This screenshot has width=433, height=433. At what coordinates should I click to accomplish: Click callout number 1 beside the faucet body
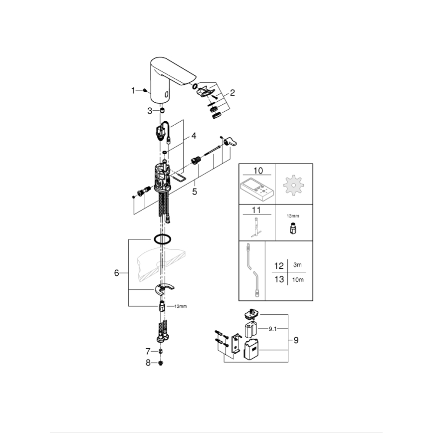point(133,90)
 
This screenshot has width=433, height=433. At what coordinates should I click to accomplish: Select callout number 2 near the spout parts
point(232,93)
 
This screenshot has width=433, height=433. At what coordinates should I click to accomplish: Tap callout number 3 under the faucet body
point(150,111)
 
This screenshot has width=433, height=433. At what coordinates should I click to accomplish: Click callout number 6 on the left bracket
point(117,273)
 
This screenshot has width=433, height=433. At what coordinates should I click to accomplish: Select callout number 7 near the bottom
point(148,351)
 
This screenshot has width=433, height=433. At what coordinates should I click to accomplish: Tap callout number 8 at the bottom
point(148,363)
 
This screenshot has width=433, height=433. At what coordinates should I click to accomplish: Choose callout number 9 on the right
point(296,340)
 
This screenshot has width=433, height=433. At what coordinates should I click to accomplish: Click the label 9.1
point(273,329)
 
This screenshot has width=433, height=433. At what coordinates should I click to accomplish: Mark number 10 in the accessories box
point(257,170)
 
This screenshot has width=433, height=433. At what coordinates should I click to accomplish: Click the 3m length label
point(298,265)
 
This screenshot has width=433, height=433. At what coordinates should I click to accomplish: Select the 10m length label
point(298,279)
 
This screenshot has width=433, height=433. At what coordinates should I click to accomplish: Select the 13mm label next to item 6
point(180,306)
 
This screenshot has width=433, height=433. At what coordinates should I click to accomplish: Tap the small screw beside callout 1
point(143,90)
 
